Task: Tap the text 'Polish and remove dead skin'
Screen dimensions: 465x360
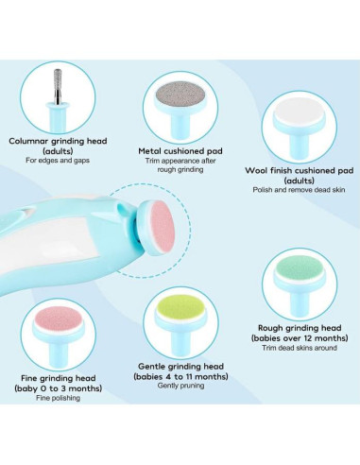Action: point(299,190)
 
